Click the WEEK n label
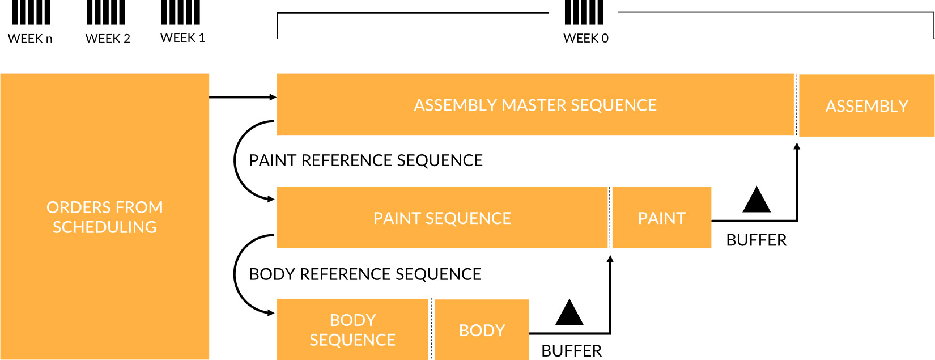pyautogui.click(x=30, y=39)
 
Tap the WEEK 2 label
pyautogui.click(x=108, y=39)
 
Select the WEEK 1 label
pyautogui.click(x=183, y=38)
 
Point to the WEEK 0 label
pyautogui.click(x=585, y=39)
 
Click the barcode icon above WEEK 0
pyautogui.click(x=584, y=12)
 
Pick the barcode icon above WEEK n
pyautogui.click(x=31, y=12)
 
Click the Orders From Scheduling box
pyautogui.click(x=104, y=217)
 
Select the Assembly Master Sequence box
pyautogui.click(x=535, y=105)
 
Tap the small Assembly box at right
pyautogui.click(x=866, y=105)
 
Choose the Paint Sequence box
pyautogui.click(x=442, y=218)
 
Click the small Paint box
pyautogui.click(x=662, y=218)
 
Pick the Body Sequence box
pyautogui.click(x=352, y=329)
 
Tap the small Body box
pyautogui.click(x=482, y=330)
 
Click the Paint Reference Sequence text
pyautogui.click(x=365, y=160)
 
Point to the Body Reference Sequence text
pyautogui.click(x=365, y=274)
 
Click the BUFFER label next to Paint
pyautogui.click(x=756, y=240)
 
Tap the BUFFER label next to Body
pyautogui.click(x=571, y=351)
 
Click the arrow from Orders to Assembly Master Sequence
pyautogui.click(x=243, y=97)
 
